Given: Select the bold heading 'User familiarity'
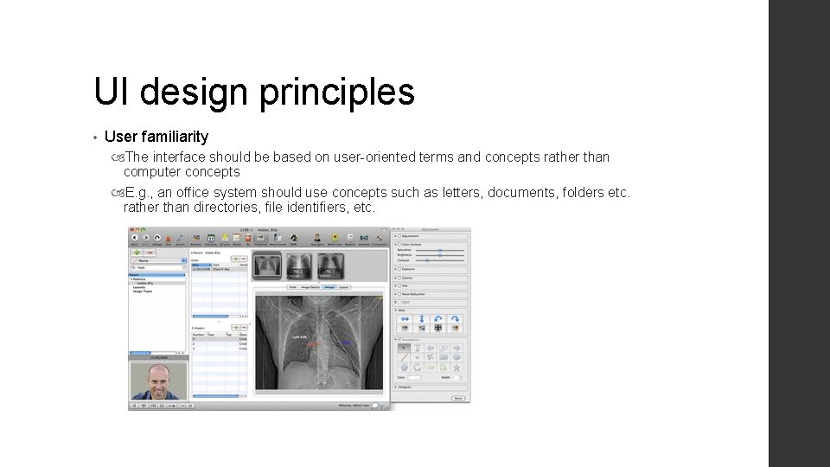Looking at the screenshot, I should [x=156, y=137].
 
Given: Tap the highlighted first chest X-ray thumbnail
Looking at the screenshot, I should [x=269, y=265].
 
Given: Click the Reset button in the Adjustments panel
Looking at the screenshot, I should [x=457, y=399].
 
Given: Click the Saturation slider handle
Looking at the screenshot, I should [x=440, y=249].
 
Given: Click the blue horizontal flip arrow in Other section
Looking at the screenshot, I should [x=403, y=320].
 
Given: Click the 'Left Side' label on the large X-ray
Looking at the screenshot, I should [x=300, y=336].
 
